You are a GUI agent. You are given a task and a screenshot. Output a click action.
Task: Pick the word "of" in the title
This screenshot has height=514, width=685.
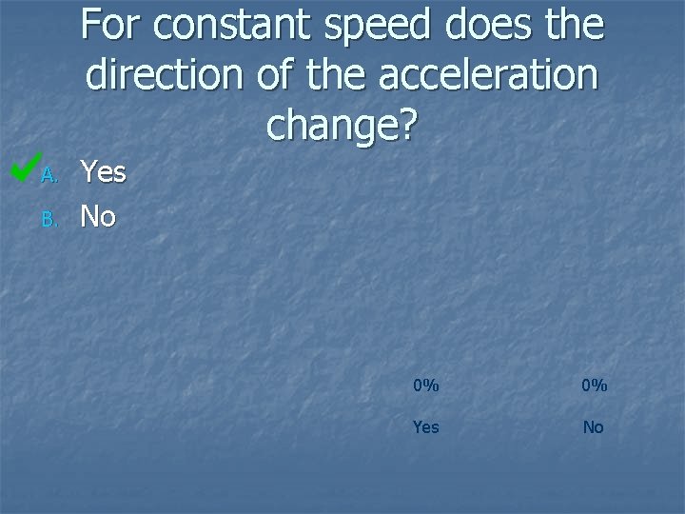(269, 76)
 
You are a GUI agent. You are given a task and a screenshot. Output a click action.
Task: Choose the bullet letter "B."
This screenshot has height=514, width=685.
(50, 220)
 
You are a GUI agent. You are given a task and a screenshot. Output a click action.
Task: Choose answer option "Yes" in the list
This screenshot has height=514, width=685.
(103, 172)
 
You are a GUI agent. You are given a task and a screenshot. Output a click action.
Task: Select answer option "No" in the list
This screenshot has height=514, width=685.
(98, 217)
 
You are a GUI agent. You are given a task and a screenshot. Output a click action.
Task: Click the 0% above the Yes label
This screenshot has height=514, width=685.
(425, 385)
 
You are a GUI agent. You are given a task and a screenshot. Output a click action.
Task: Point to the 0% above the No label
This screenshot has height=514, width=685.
(594, 385)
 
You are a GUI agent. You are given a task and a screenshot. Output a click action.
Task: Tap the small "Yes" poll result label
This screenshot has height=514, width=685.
(425, 427)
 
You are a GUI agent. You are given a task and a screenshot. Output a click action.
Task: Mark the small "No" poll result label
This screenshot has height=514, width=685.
(594, 427)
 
